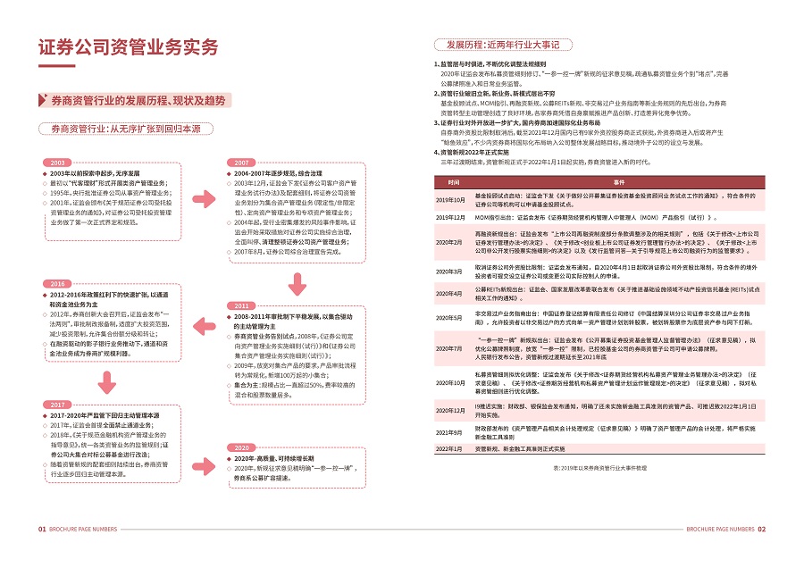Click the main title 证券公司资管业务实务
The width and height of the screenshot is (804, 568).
click(128, 49)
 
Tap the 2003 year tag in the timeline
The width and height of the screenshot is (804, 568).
click(58, 163)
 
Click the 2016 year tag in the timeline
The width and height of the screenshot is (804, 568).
click(58, 283)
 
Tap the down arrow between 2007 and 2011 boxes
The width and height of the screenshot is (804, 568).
click(294, 284)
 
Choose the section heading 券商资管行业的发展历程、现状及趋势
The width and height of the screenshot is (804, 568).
click(138, 101)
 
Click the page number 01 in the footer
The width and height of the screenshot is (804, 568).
click(42, 529)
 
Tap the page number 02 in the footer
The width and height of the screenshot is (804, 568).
click(762, 529)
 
